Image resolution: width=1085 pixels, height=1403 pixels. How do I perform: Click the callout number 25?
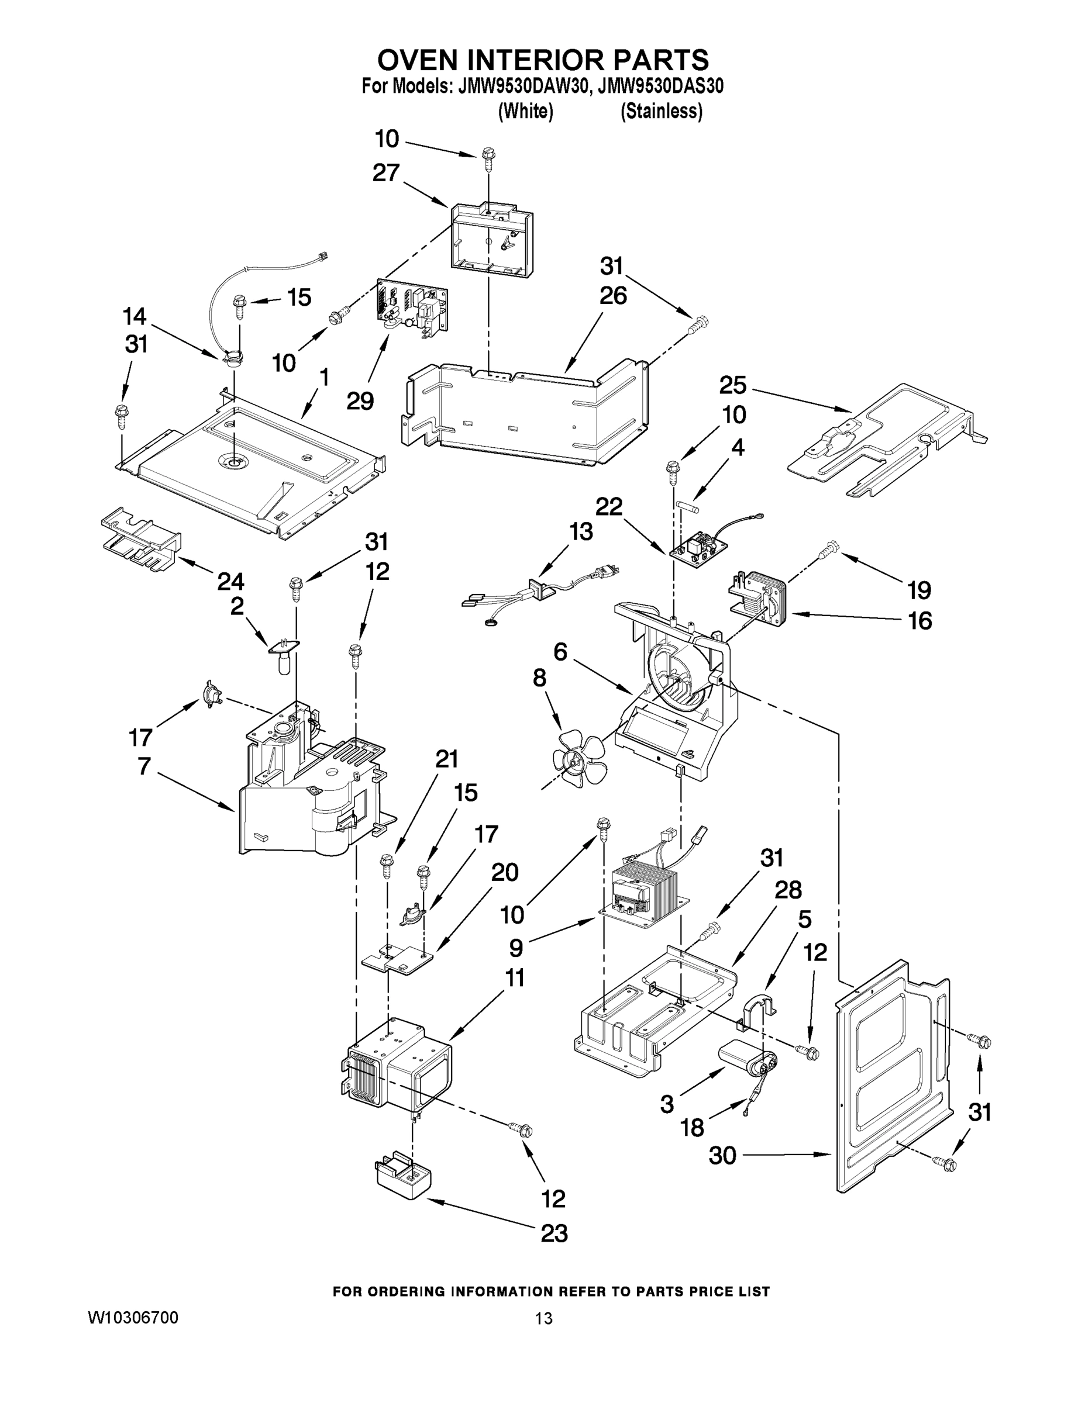pyautogui.click(x=732, y=385)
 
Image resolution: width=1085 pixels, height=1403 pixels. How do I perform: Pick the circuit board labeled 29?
pyautogui.click(x=411, y=308)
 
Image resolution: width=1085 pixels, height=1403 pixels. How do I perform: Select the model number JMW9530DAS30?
pyautogui.click(x=660, y=86)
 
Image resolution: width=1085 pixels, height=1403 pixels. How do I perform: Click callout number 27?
pyautogui.click(x=385, y=173)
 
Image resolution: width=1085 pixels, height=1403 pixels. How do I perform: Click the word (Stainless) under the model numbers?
pyautogui.click(x=661, y=112)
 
